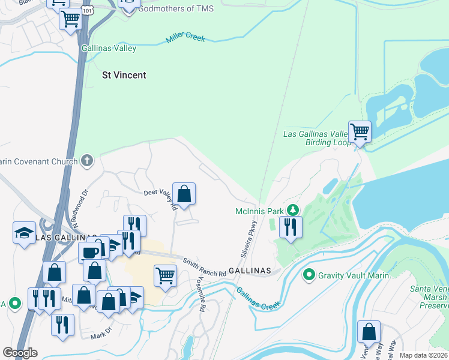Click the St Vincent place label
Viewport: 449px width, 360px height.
(124, 75)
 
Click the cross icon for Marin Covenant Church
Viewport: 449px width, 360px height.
(87, 161)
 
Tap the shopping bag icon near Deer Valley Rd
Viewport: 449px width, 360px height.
(184, 194)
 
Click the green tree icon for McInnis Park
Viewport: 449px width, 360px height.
(292, 211)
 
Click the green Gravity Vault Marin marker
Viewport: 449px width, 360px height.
(309, 275)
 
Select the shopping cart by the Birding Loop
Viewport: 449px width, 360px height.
(359, 131)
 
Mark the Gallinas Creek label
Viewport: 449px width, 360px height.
(258, 298)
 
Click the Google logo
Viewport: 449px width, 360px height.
(20, 353)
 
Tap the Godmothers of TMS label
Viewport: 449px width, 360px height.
(175, 8)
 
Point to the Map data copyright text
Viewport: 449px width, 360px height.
(423, 355)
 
